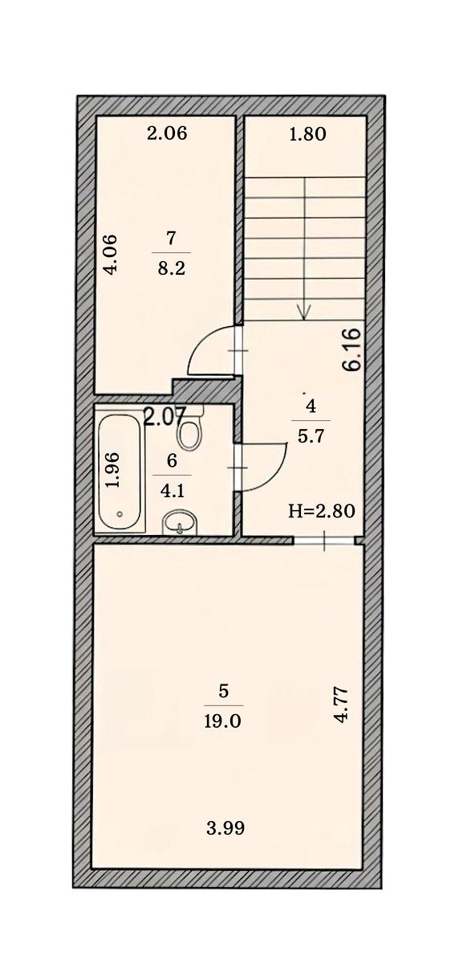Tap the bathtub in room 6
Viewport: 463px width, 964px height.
click(120, 473)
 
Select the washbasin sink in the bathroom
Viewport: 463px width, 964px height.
click(180, 523)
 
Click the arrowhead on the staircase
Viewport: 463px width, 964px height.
click(304, 312)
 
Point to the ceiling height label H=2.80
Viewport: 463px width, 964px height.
click(322, 512)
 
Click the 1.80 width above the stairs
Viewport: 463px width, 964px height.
click(308, 134)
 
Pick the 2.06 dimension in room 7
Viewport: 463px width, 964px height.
click(167, 133)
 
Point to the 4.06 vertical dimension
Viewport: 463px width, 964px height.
click(111, 254)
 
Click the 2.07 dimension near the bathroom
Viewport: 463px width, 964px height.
click(164, 417)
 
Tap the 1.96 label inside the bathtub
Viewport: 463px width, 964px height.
click(113, 469)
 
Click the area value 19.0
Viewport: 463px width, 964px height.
click(224, 721)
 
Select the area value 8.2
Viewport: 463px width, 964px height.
click(171, 269)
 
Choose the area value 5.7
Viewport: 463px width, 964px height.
click(311, 437)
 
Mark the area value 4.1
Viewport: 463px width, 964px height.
click(172, 491)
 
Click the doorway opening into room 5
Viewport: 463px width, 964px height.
click(324, 541)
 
